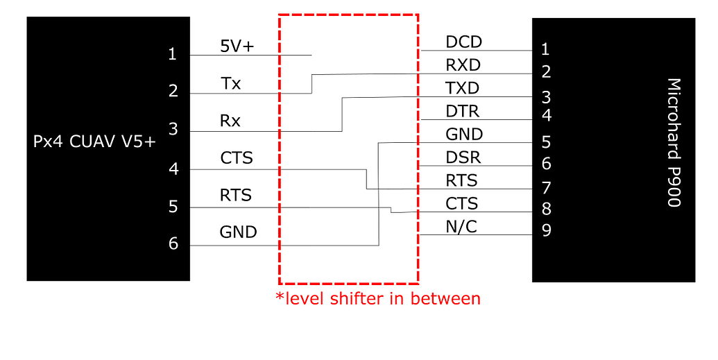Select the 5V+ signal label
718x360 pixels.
click(x=237, y=46)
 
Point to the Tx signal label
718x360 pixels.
click(x=231, y=84)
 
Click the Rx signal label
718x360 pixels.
click(x=230, y=121)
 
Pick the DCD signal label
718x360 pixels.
click(x=463, y=42)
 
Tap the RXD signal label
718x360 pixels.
click(x=463, y=65)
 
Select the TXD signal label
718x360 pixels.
click(x=463, y=88)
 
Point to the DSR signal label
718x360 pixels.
click(x=463, y=157)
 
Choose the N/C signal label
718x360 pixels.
click(x=461, y=226)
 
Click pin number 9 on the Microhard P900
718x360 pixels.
click(x=546, y=230)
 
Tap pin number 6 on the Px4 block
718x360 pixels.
click(x=173, y=243)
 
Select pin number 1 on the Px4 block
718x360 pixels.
click(x=173, y=54)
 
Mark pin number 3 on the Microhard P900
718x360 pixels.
click(x=546, y=96)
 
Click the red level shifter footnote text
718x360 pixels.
click(x=378, y=299)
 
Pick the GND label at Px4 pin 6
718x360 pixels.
click(x=238, y=232)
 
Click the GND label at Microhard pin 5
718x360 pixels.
click(x=464, y=135)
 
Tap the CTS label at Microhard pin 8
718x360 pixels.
click(x=463, y=203)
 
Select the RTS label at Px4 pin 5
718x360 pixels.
click(x=236, y=195)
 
